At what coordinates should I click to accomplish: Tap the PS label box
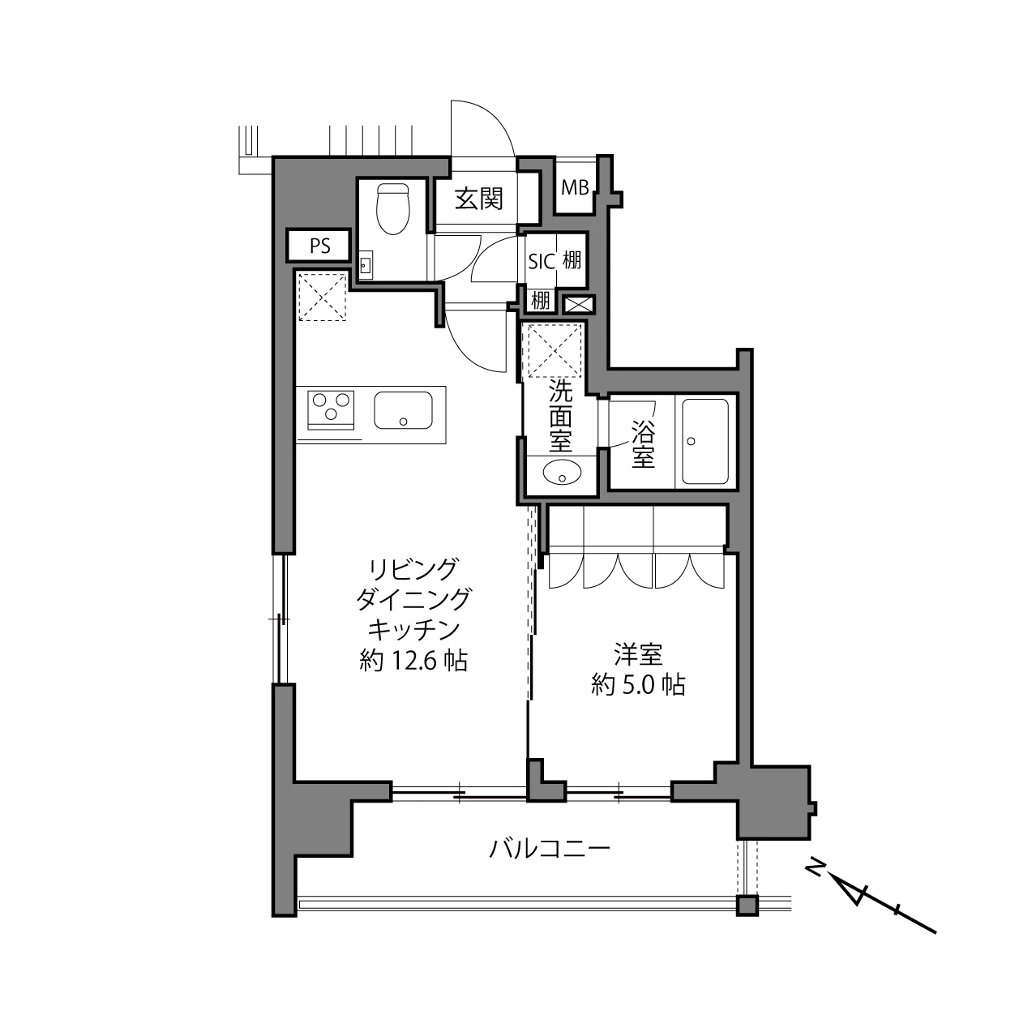click(319, 246)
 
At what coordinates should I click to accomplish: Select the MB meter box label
click(575, 188)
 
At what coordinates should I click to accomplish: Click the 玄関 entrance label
click(479, 199)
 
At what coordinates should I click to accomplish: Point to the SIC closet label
click(542, 262)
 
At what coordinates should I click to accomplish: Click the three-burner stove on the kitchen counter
click(331, 409)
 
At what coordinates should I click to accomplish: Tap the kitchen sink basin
click(404, 409)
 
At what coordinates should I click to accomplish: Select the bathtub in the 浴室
click(705, 441)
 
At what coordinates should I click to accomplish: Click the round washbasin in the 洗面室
click(562, 473)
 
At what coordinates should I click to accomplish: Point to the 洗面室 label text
click(560, 416)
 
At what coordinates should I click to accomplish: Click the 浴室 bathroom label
click(643, 447)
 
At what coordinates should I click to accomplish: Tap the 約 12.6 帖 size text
click(413, 661)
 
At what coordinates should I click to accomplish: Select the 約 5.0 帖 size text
click(638, 685)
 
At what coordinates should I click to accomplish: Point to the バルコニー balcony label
click(550, 849)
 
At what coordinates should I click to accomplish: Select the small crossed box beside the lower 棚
click(579, 305)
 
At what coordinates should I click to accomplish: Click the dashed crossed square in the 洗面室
click(555, 350)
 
